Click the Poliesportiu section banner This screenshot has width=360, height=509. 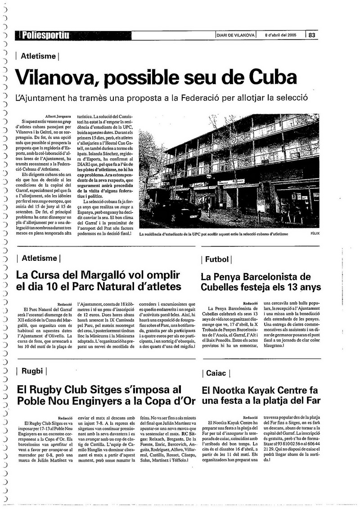(x=44, y=35)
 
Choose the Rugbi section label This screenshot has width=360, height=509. (x=31, y=371)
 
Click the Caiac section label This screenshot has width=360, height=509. (x=217, y=373)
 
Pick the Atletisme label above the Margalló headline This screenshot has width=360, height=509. (x=39, y=258)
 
